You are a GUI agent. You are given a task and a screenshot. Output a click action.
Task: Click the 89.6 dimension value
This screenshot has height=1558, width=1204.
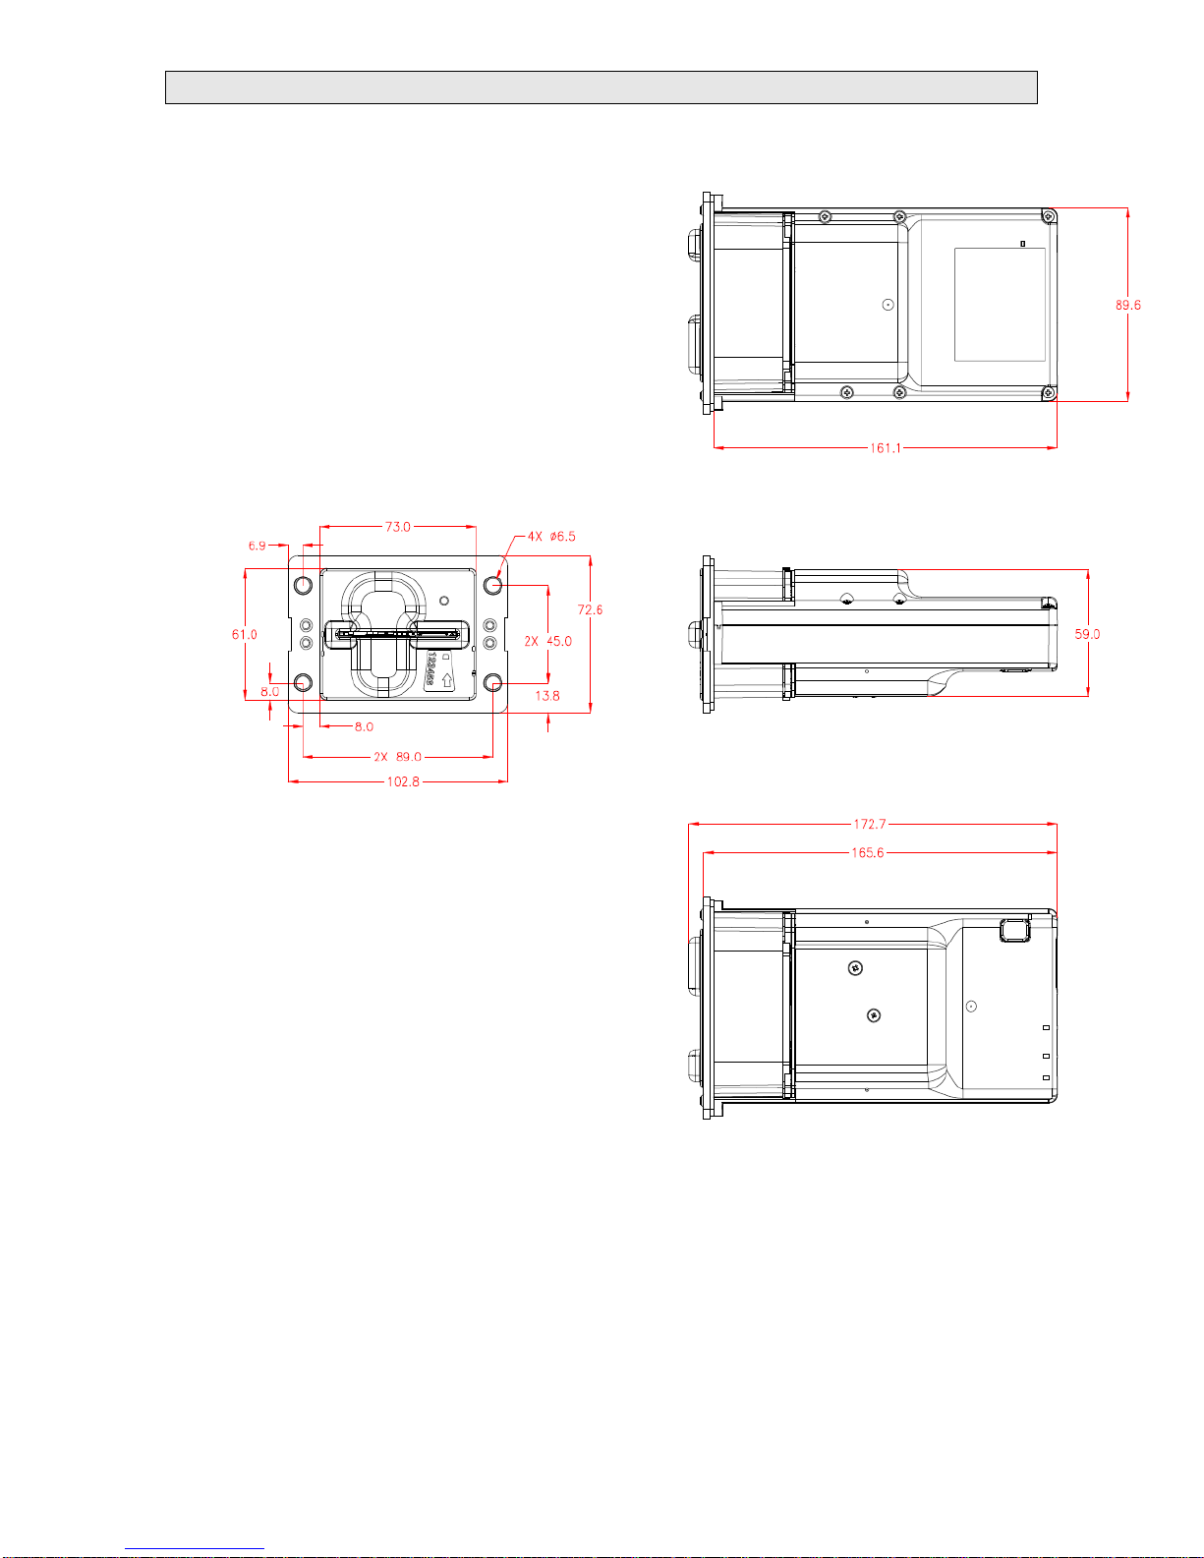click(1127, 305)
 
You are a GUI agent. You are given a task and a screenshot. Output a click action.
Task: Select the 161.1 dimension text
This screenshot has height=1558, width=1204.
click(886, 448)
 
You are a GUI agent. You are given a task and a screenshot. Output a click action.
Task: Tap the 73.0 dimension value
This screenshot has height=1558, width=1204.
click(397, 527)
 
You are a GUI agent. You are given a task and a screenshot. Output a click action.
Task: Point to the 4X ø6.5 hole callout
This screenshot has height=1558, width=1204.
click(551, 537)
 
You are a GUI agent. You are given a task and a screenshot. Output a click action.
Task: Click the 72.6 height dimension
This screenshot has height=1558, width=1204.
click(590, 609)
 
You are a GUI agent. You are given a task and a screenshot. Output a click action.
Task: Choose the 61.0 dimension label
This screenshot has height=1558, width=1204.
click(245, 635)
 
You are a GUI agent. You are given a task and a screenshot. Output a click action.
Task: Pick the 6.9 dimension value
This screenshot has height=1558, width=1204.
click(258, 546)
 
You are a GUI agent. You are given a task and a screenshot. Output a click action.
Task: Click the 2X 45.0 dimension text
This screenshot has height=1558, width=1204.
click(548, 641)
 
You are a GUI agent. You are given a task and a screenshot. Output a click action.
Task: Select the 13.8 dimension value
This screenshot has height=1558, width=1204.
click(546, 696)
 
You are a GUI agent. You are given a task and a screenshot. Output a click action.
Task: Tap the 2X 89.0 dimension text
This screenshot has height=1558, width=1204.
click(398, 757)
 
